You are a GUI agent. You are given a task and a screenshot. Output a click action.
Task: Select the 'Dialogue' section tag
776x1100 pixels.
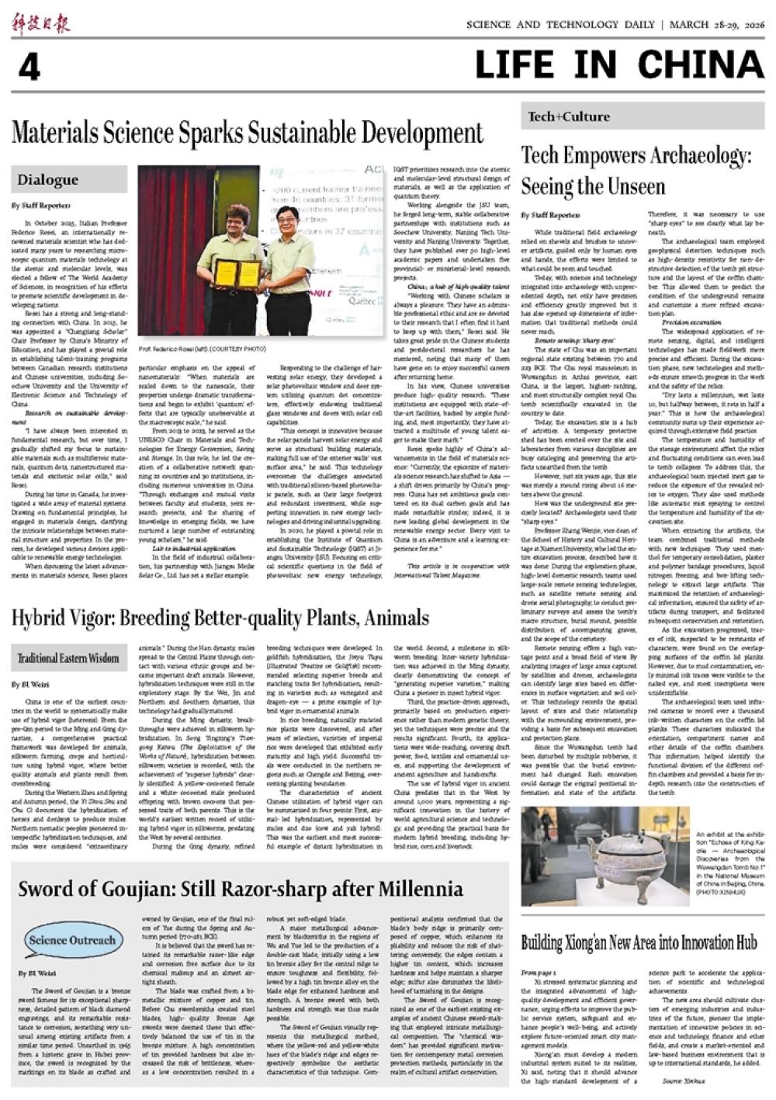[x=48, y=180]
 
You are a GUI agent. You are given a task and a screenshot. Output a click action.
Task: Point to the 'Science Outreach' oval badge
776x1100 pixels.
[x=71, y=941]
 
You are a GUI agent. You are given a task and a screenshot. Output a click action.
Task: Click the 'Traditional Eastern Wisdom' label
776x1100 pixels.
[x=68, y=658]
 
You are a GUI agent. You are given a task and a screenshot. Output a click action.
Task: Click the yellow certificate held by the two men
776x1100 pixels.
[x=238, y=273]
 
